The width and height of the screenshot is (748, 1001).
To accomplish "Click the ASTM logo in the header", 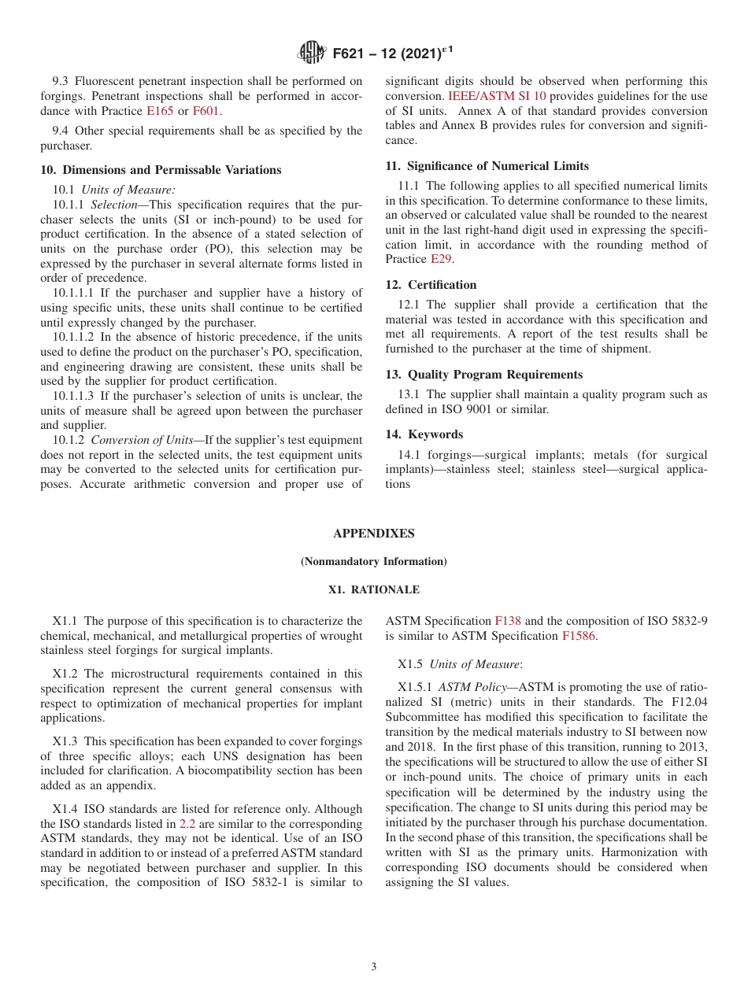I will click(x=312, y=54).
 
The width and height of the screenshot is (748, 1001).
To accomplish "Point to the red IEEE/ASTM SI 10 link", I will click(x=497, y=96).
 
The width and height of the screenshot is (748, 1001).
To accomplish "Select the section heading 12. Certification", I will click(x=431, y=285).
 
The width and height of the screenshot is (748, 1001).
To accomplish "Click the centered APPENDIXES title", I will click(x=373, y=534).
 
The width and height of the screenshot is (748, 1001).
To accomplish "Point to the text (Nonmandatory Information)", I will click(x=373, y=561).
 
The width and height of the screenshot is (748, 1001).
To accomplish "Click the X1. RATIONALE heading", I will click(x=373, y=589).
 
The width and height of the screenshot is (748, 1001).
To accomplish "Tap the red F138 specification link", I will click(x=507, y=621).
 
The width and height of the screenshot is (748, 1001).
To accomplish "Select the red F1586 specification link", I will click(x=579, y=636).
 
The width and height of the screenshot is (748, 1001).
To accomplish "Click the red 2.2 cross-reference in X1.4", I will click(x=187, y=824).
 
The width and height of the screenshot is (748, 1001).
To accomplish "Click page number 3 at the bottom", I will click(x=374, y=966).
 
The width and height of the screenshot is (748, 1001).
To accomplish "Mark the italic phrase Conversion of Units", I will click(x=142, y=440).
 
